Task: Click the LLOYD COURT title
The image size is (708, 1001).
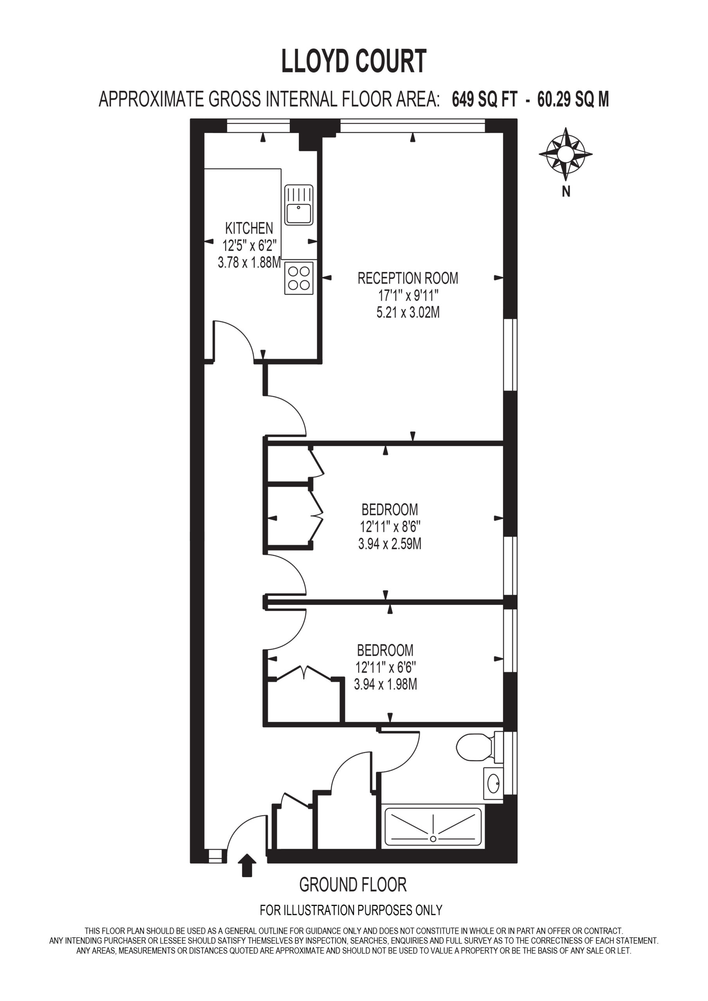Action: (x=354, y=61)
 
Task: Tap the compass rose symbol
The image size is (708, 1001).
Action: (x=565, y=154)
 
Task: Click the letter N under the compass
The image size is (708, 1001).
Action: (x=566, y=191)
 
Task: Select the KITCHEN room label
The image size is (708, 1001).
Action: (x=249, y=228)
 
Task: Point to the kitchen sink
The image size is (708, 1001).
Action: (x=299, y=205)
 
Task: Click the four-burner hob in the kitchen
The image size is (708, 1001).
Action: (x=299, y=278)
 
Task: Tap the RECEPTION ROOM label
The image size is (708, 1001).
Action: (x=408, y=278)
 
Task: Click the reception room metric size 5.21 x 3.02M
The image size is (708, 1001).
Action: (x=408, y=312)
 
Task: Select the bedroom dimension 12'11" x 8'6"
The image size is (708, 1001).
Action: (x=390, y=527)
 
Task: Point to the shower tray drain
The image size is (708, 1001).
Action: (x=433, y=839)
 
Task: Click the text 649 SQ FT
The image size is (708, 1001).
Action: (x=485, y=99)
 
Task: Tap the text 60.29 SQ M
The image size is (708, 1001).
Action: (x=573, y=99)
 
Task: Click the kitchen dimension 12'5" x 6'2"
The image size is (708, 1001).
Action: (x=249, y=246)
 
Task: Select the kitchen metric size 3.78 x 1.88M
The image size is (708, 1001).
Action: (x=249, y=262)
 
